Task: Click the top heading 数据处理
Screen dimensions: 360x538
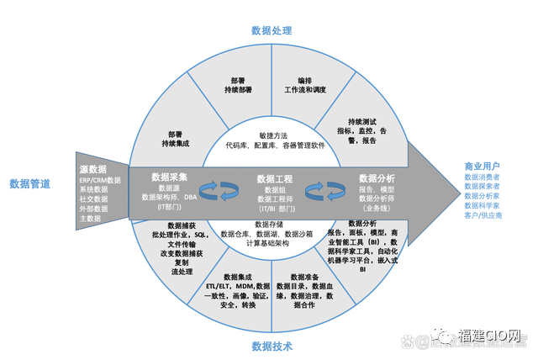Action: point(272,31)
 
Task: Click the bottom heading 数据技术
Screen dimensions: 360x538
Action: point(272,347)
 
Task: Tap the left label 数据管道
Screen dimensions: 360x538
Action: point(29,183)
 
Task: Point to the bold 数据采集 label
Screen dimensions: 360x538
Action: point(175,177)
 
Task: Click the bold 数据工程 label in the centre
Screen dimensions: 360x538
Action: point(274,178)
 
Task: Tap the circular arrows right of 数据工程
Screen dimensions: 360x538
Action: point(321,192)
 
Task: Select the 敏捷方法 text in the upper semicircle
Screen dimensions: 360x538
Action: point(273,135)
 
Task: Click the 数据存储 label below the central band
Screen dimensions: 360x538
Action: point(268,225)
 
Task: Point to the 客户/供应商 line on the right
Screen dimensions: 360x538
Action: point(483,216)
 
